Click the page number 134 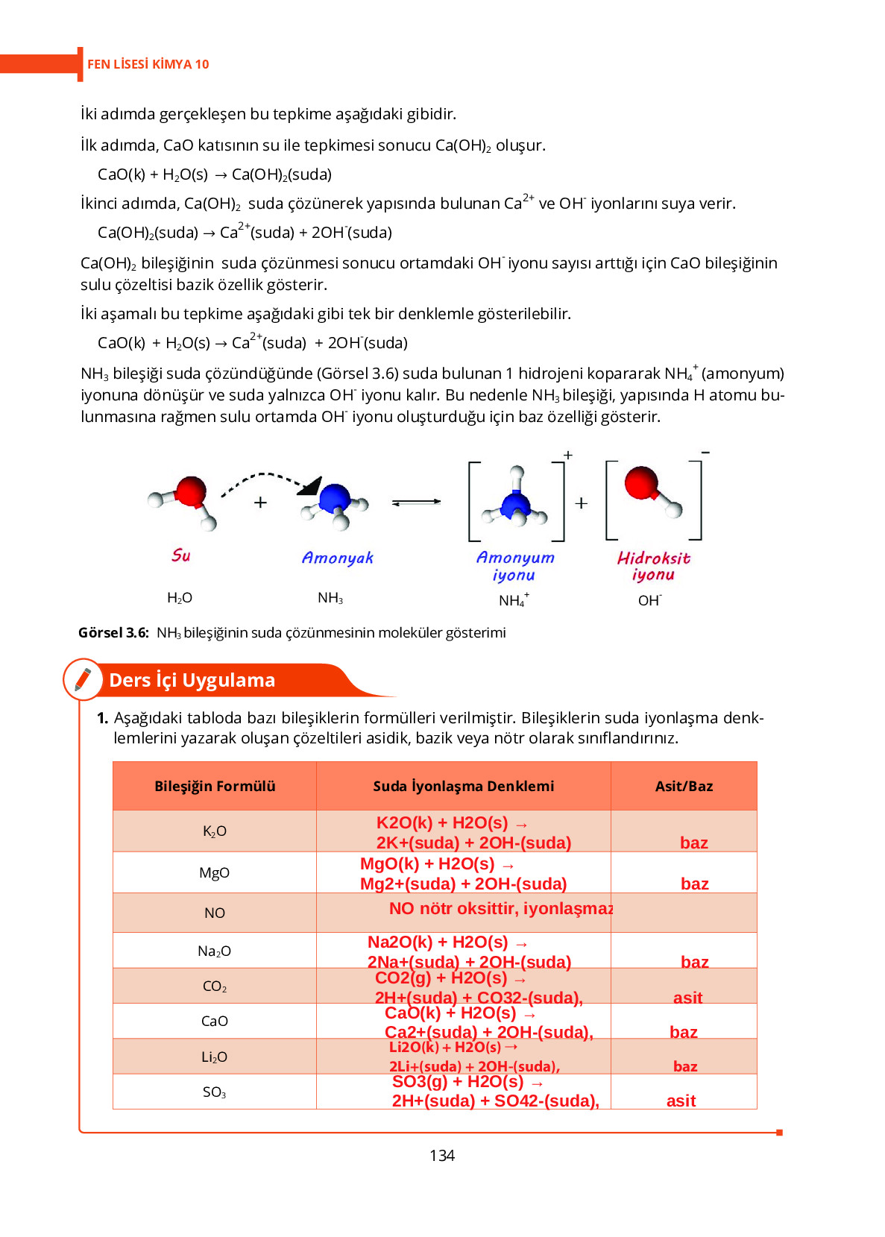(x=441, y=1155)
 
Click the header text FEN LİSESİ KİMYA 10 (x=148, y=64)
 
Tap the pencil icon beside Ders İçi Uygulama (x=83, y=679)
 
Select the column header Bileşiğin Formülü (x=215, y=786)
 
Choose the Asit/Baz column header (x=684, y=786)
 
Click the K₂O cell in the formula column (x=214, y=831)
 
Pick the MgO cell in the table (x=214, y=872)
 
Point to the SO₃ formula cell (x=214, y=1092)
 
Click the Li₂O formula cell (x=214, y=1057)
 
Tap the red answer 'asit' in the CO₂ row (x=687, y=998)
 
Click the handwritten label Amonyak (x=337, y=558)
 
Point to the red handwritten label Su (x=180, y=555)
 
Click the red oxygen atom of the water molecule (x=191, y=491)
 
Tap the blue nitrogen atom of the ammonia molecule (x=335, y=497)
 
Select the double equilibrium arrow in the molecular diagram (x=416, y=503)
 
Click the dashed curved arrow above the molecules (x=268, y=477)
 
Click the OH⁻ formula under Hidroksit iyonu (x=649, y=600)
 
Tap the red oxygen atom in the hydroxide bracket (x=641, y=482)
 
